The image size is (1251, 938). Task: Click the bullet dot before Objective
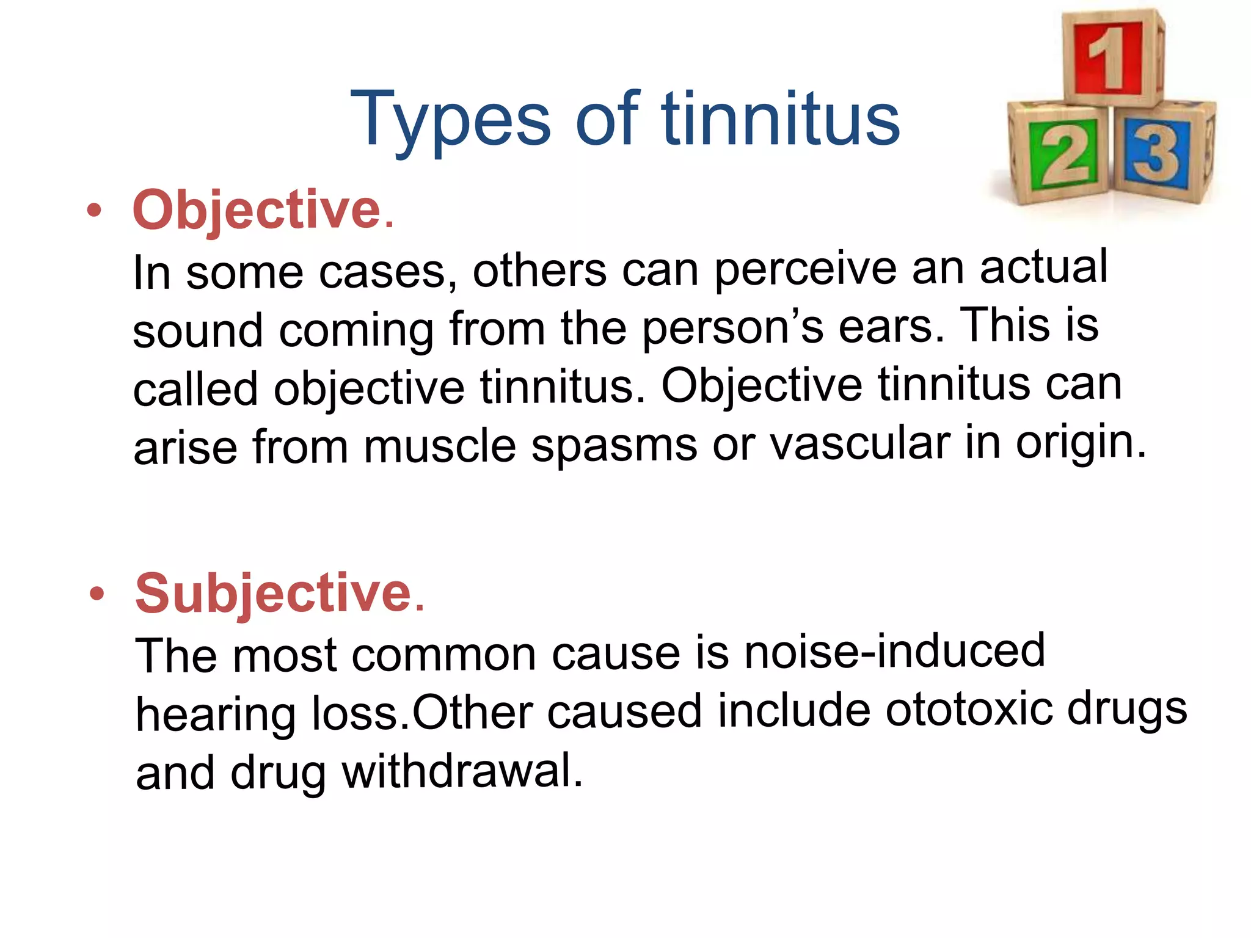(94, 211)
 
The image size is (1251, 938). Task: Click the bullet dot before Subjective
(97, 594)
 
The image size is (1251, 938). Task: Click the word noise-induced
(894, 651)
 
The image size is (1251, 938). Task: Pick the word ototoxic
(969, 710)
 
